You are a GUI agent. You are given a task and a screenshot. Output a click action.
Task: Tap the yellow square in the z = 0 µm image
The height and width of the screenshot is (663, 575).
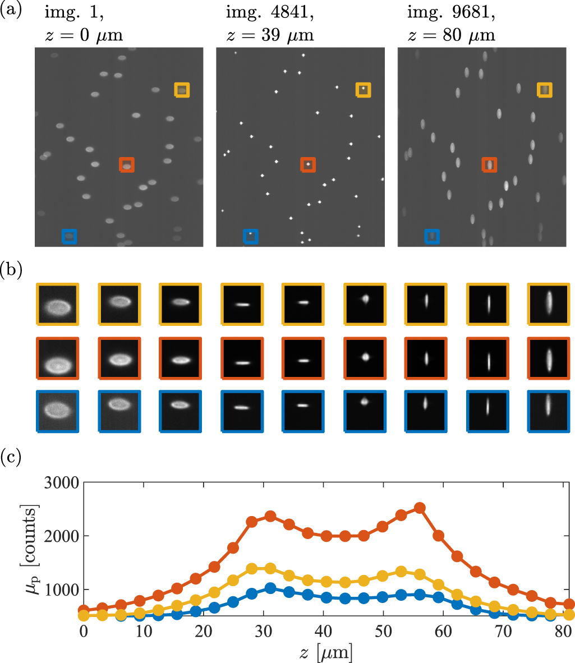[x=182, y=90]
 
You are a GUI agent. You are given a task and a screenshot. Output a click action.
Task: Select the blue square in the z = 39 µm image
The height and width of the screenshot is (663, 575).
[x=251, y=236]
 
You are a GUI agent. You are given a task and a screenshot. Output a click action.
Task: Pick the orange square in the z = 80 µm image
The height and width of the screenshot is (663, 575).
[x=490, y=164]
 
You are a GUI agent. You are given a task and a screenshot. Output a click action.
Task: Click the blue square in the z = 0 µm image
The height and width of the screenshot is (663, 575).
[x=68, y=236]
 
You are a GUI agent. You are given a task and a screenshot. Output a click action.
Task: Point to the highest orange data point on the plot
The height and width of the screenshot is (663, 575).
[x=419, y=508]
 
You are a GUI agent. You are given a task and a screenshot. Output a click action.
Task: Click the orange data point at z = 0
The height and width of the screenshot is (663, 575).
[x=84, y=610]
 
